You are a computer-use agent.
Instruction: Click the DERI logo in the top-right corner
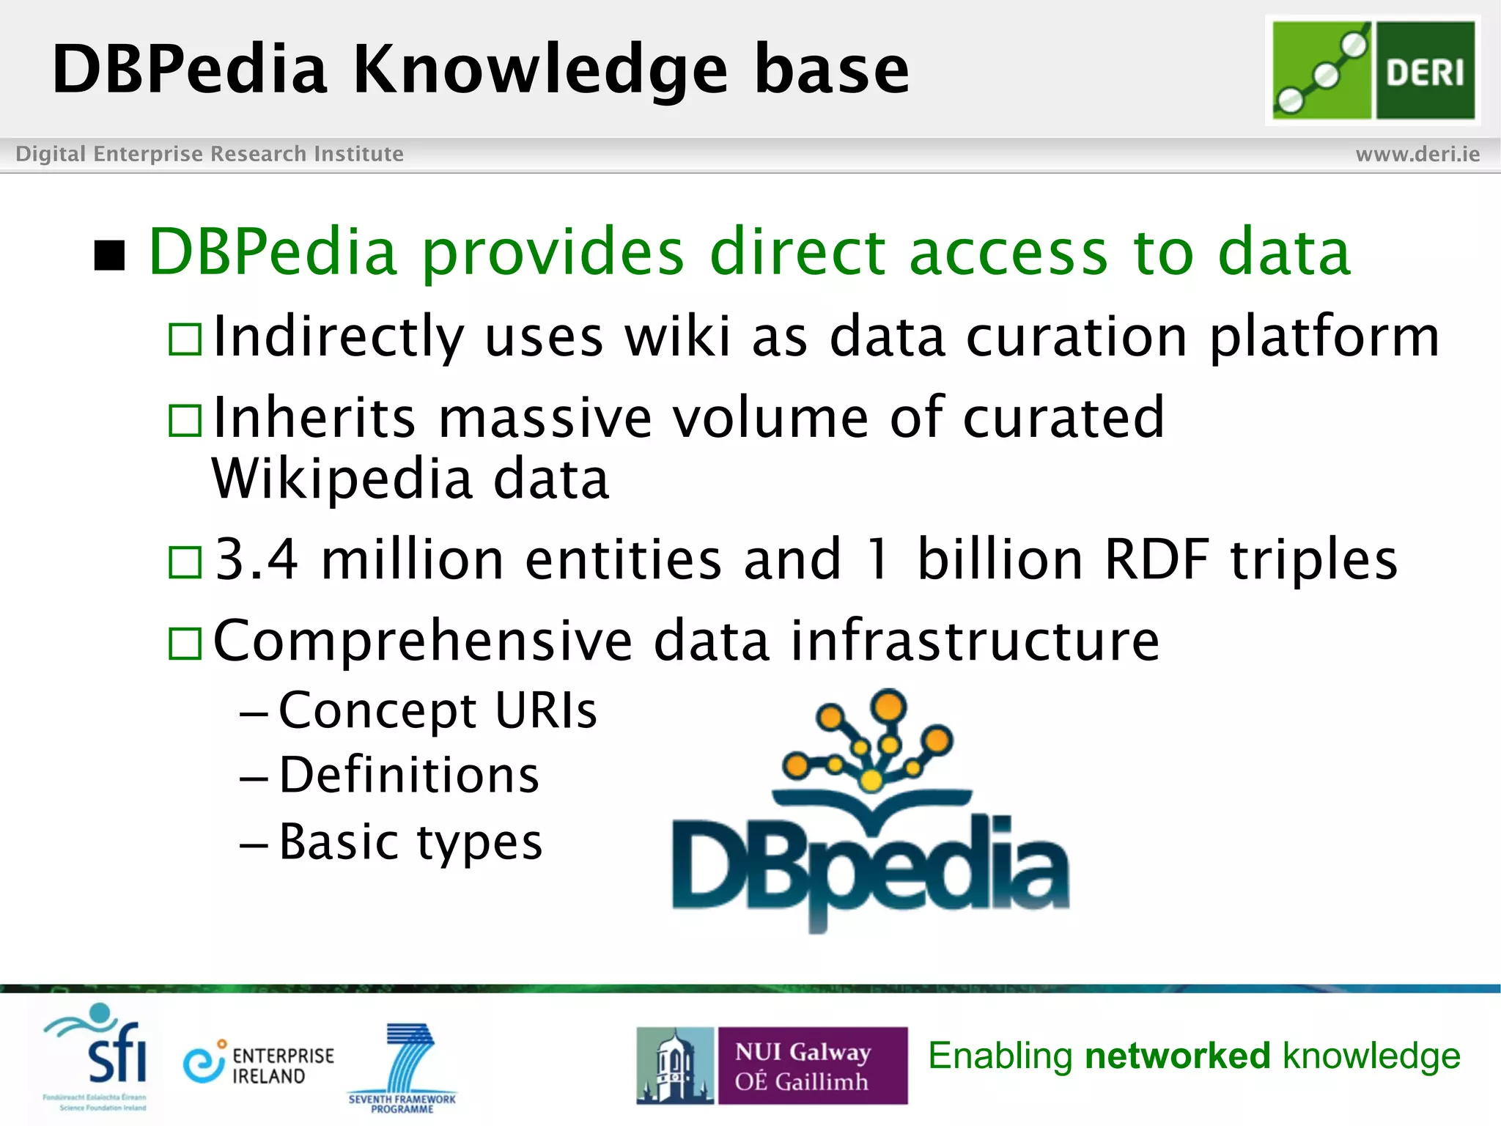[1373, 70]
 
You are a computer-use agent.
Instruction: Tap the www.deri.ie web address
[1417, 154]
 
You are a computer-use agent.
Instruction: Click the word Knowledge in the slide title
[540, 70]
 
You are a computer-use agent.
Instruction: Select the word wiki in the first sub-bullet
[677, 336]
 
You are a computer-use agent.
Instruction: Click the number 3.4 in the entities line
[257, 559]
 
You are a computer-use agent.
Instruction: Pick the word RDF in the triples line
[1156, 559]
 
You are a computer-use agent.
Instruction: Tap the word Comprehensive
[422, 640]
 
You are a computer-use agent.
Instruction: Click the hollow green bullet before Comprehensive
[185, 644]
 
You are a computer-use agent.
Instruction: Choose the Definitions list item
[409, 775]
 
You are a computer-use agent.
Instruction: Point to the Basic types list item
[410, 841]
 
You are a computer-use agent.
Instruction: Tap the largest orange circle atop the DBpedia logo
[888, 706]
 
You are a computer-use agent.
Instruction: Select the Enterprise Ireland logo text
[282, 1065]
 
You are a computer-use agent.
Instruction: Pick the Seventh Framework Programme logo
[403, 1067]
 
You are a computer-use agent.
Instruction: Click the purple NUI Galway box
[812, 1065]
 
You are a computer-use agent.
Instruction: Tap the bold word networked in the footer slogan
[1177, 1056]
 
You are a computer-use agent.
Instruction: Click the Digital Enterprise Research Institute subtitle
[210, 154]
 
